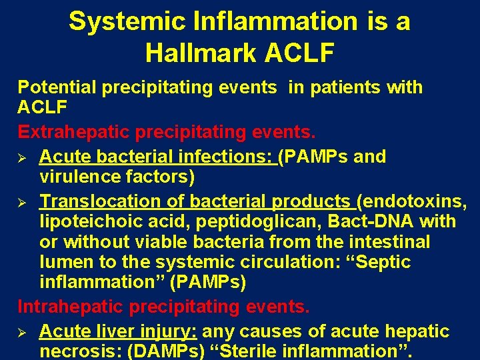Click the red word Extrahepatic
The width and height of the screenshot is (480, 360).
click(74, 133)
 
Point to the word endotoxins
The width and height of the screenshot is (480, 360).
click(416, 201)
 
